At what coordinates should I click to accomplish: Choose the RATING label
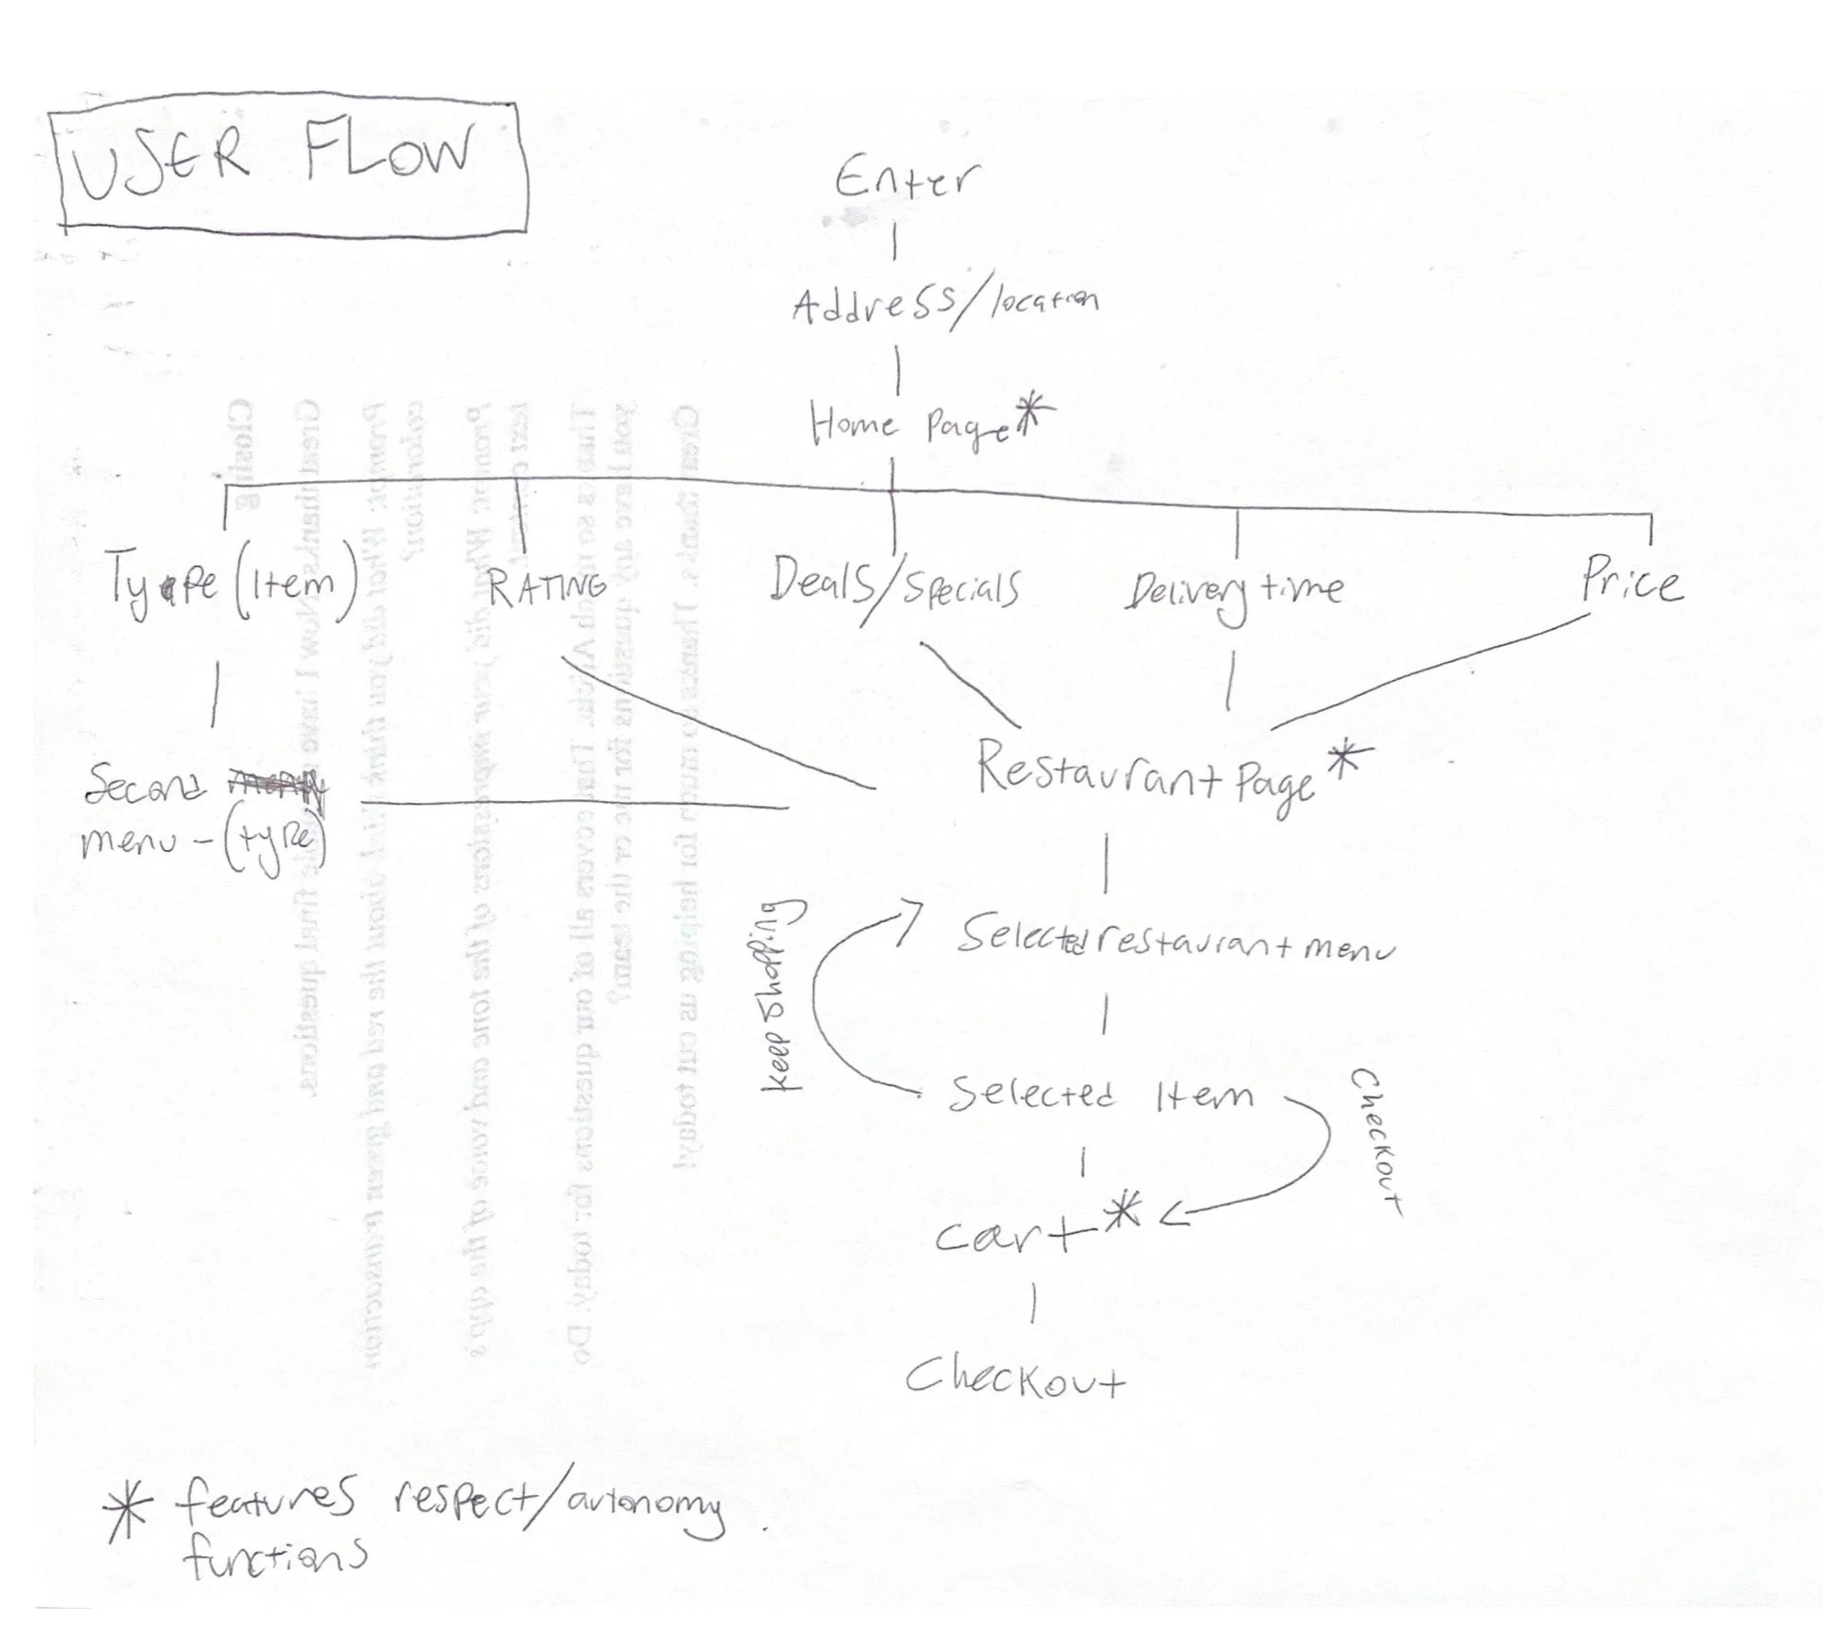coord(546,588)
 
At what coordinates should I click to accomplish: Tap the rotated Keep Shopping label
coord(779,994)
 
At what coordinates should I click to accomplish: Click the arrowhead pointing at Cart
coord(1173,1217)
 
